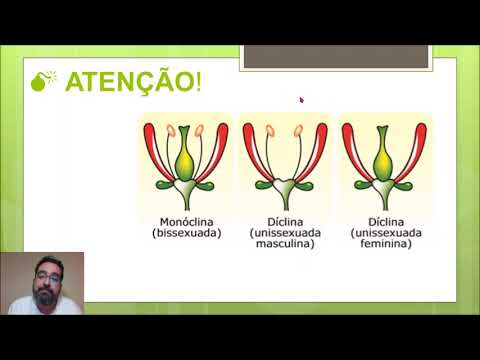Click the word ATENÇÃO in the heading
pyautogui.click(x=129, y=83)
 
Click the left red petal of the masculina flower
pyautogui.click(x=252, y=150)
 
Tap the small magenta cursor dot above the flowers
pyautogui.click(x=301, y=99)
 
